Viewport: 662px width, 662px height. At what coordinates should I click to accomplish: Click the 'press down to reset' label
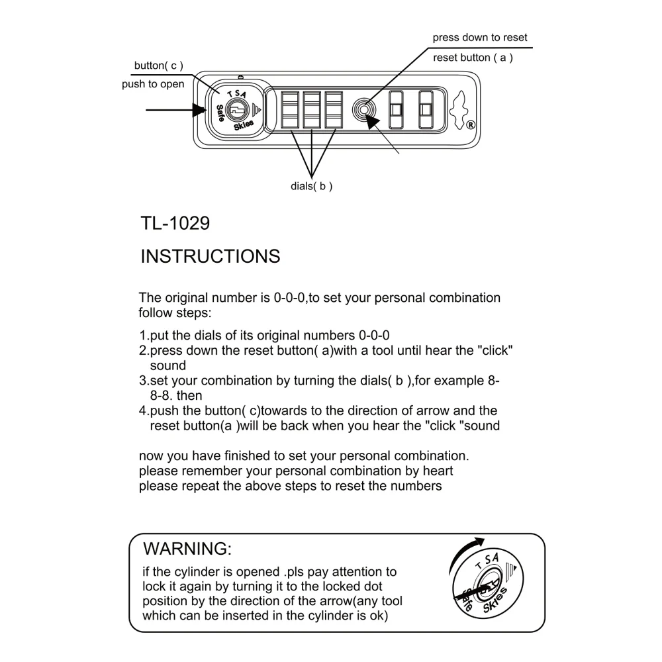[x=479, y=38]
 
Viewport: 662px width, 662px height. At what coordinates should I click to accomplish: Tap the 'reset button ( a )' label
[x=473, y=58]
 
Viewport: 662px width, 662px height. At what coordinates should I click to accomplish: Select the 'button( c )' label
[x=159, y=66]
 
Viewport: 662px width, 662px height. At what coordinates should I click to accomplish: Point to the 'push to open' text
[x=153, y=84]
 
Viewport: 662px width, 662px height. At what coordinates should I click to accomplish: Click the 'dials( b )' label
[x=312, y=186]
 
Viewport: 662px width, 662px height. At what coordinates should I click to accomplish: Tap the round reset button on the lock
[x=364, y=110]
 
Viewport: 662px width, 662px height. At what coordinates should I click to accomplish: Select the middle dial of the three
[x=312, y=110]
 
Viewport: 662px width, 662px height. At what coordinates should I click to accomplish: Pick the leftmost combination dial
[x=290, y=110]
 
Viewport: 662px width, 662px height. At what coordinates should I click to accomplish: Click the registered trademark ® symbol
[x=470, y=125]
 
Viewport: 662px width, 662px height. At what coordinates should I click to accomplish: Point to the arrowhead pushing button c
[x=199, y=110]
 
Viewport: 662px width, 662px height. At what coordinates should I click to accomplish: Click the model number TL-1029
[x=175, y=223]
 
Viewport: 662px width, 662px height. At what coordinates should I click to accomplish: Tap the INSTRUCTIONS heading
[x=211, y=256]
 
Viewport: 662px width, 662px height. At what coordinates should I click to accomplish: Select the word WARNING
[x=187, y=549]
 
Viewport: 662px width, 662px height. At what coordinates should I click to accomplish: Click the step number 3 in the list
[x=143, y=381]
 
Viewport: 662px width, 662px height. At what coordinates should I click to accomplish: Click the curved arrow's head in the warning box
[x=479, y=542]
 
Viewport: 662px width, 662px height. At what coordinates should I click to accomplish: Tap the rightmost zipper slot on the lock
[x=426, y=110]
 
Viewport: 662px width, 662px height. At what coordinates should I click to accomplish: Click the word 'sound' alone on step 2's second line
[x=168, y=365]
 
